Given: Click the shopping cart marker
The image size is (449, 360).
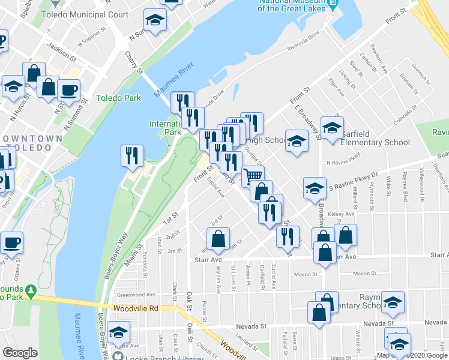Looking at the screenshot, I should (x=253, y=175).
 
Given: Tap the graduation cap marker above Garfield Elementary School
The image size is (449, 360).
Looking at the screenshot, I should (x=331, y=127).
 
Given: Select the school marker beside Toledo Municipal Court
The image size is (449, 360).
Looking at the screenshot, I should (x=155, y=20).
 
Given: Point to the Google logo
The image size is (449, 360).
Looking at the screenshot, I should (x=20, y=353).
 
